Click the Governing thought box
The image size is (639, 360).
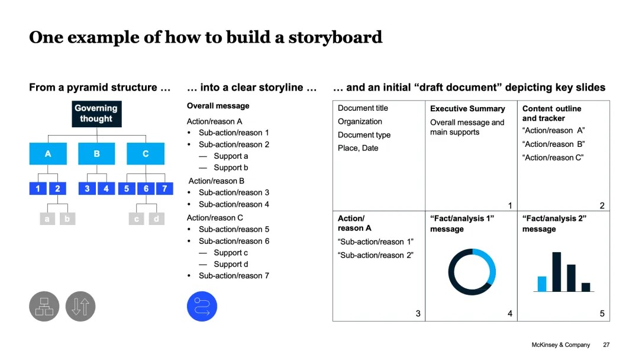pyautogui.click(x=96, y=114)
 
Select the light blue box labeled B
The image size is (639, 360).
pyautogui.click(x=96, y=154)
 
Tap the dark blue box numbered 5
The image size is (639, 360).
pyautogui.click(x=127, y=189)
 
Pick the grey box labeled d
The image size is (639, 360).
pyautogui.click(x=156, y=219)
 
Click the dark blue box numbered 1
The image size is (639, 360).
pyautogui.click(x=38, y=189)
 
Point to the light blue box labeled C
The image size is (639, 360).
pyautogui.click(x=146, y=154)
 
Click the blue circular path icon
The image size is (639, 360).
pyautogui.click(x=202, y=307)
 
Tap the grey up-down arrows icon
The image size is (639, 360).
pyautogui.click(x=80, y=307)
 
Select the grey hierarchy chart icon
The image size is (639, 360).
pyautogui.click(x=44, y=307)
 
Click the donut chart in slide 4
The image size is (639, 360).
pyautogui.click(x=472, y=272)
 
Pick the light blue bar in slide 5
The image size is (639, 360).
pyautogui.click(x=542, y=284)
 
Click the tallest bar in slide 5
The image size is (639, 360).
pyautogui.click(x=557, y=272)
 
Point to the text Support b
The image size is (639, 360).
pyautogui.click(x=231, y=168)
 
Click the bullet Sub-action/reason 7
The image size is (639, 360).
pyautogui.click(x=234, y=275)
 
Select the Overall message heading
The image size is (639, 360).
pyautogui.click(x=218, y=106)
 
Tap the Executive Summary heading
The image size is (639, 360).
pyautogui.click(x=467, y=109)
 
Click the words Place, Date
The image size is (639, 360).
pyautogui.click(x=358, y=148)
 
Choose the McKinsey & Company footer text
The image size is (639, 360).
pyautogui.click(x=561, y=345)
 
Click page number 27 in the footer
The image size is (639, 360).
pyautogui.click(x=606, y=345)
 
